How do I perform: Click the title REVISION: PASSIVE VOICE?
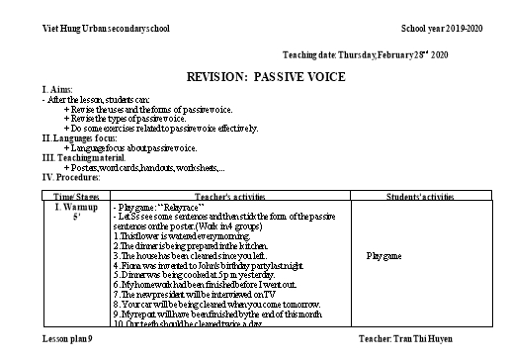[x=256, y=76]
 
